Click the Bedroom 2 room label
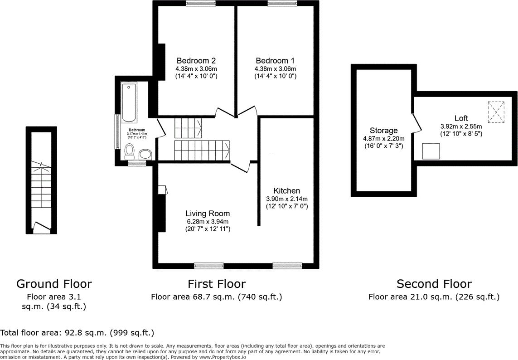[196, 61]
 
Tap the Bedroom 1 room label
[275, 61]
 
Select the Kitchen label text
[286, 191]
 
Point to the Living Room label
[208, 214]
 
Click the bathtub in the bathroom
[129, 103]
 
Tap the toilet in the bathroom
[130, 150]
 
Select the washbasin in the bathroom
[145, 154]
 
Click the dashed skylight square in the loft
[496, 112]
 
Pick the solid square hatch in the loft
[431, 151]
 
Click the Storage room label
[383, 131]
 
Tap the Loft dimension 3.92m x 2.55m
[461, 126]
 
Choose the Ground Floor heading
[54, 284]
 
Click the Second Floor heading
[434, 284]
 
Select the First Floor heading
[217, 284]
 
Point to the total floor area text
[77, 332]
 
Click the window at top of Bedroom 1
[282, 4]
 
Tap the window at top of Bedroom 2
[201, 4]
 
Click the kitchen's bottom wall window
[287, 265]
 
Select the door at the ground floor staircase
[41, 226]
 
